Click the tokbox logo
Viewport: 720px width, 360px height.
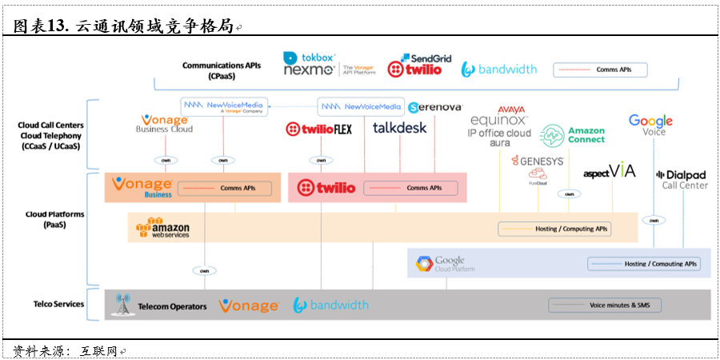coord(309,58)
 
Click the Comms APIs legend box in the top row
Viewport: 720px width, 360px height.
coord(600,70)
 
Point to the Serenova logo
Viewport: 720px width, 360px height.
coord(434,107)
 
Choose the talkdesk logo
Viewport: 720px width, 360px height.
coord(400,127)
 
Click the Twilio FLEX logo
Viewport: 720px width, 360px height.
coord(318,129)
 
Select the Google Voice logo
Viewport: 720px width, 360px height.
coord(650,125)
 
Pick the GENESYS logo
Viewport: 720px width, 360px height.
coord(538,162)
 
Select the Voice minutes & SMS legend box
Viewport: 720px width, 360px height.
coord(621,305)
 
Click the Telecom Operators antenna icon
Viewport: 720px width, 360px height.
coord(122,305)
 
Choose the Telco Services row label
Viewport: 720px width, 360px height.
coord(58,304)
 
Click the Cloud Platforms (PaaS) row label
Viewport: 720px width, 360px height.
coord(54,219)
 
